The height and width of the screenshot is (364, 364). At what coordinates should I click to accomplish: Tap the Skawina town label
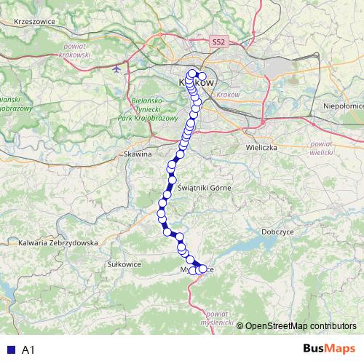[136, 155]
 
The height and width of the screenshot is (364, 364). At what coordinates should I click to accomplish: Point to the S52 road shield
[219, 43]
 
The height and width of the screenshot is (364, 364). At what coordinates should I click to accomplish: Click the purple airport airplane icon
[117, 69]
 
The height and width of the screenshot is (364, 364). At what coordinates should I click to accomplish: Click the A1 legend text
[28, 349]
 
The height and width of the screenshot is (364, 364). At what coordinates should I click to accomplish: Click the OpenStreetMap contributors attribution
[301, 325]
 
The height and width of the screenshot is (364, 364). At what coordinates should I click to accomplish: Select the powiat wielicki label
[320, 149]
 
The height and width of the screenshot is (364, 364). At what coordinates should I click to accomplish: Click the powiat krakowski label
[71, 50]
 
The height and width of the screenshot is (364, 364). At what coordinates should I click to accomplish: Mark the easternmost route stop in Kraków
[202, 76]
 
